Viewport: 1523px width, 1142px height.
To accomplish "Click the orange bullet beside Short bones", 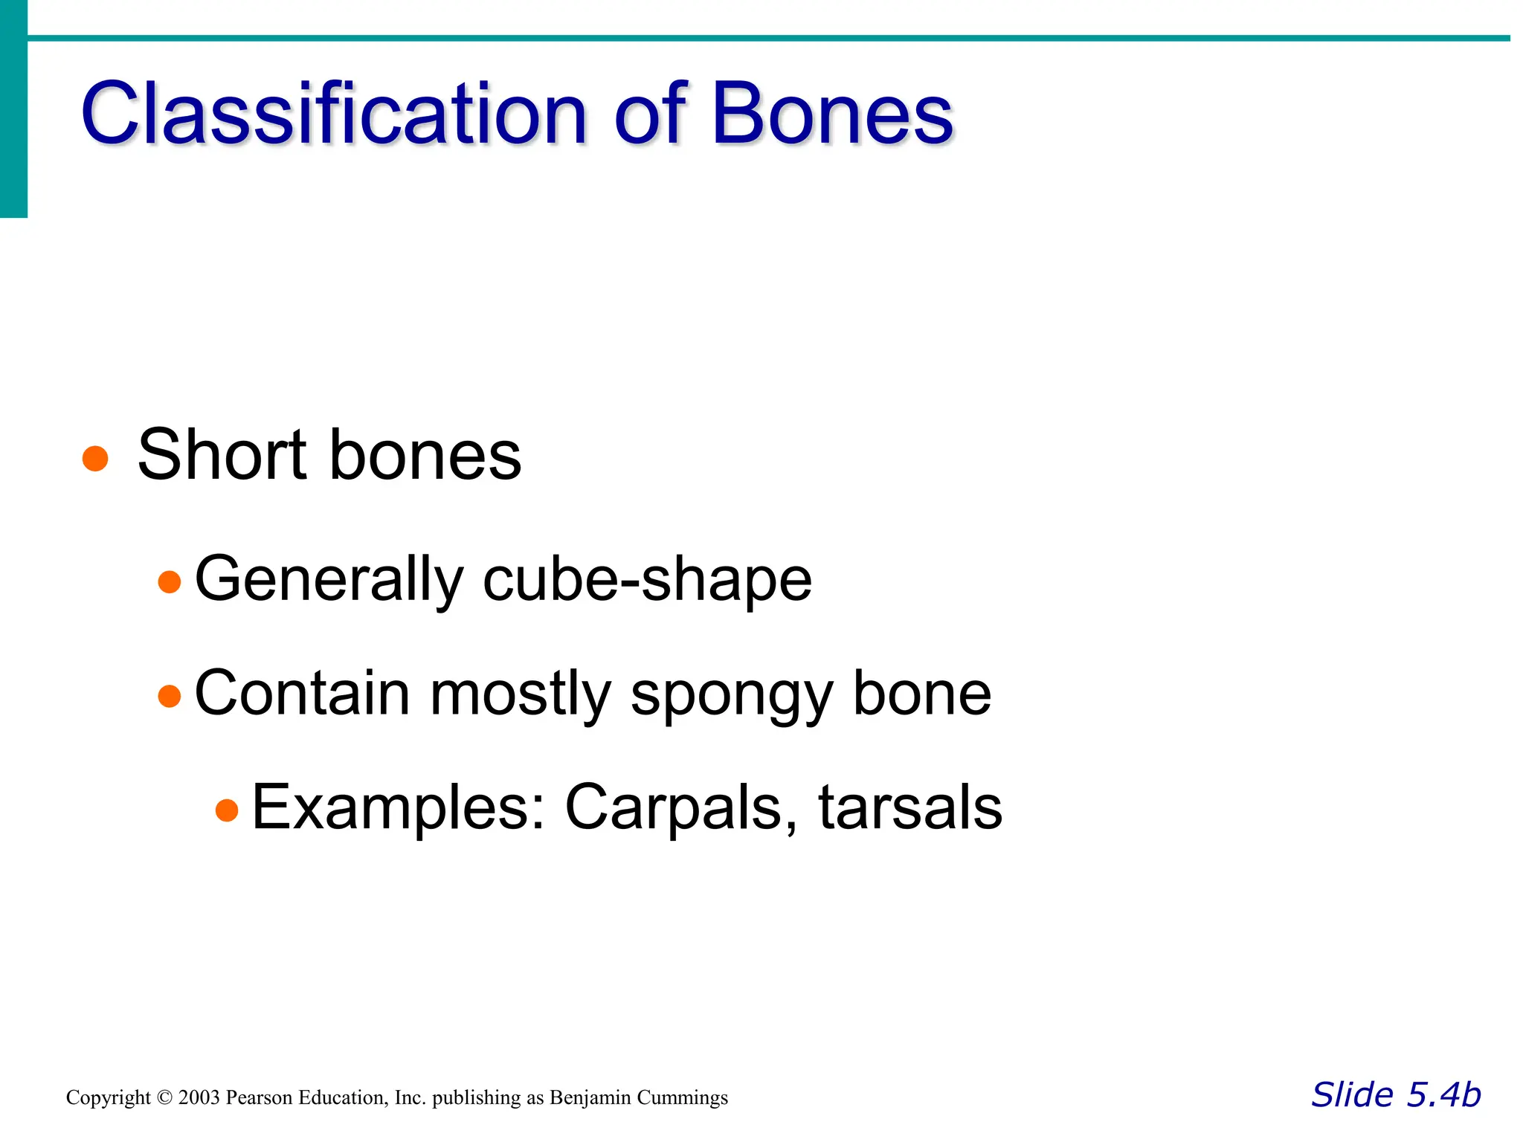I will pyautogui.click(x=95, y=458).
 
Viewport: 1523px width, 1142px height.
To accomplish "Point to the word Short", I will pyautogui.click(x=222, y=455).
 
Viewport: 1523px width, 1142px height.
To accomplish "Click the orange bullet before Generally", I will pyautogui.click(x=170, y=581).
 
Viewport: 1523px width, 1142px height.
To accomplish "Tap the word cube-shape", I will pyautogui.click(x=647, y=579).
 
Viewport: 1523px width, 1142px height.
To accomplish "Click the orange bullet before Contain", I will pyautogui.click(x=170, y=696).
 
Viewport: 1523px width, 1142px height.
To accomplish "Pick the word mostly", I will pyautogui.click(x=521, y=694).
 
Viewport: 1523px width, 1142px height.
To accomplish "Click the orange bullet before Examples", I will pyautogui.click(x=227, y=810).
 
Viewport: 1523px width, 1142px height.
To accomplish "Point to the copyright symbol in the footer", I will pyautogui.click(x=164, y=1098).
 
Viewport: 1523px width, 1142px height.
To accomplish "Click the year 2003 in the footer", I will pyautogui.click(x=199, y=1098).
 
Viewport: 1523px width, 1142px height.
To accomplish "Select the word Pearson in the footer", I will pyautogui.click(x=258, y=1098).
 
